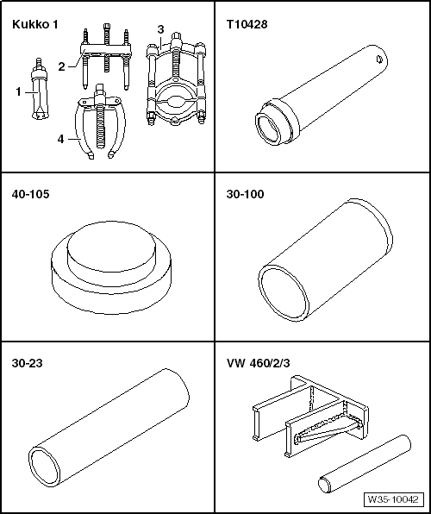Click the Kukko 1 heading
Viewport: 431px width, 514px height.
[34, 25]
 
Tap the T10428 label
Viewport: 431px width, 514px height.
[247, 24]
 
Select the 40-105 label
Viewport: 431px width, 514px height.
[30, 194]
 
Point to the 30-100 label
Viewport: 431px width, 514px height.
[245, 194]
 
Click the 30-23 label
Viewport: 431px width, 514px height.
[28, 363]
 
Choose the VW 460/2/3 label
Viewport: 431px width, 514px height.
[259, 363]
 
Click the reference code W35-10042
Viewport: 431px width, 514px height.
[393, 499]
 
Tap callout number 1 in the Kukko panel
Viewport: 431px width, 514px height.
[19, 92]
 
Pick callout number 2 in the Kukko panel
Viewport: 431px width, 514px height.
[62, 67]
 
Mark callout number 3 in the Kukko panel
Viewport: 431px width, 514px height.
[160, 29]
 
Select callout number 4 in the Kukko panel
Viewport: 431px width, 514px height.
[60, 139]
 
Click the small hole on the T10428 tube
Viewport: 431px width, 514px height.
[378, 60]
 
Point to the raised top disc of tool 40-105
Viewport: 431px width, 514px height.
[111, 246]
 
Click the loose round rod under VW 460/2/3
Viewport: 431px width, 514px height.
[364, 464]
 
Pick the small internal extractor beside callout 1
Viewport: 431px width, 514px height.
[40, 90]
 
